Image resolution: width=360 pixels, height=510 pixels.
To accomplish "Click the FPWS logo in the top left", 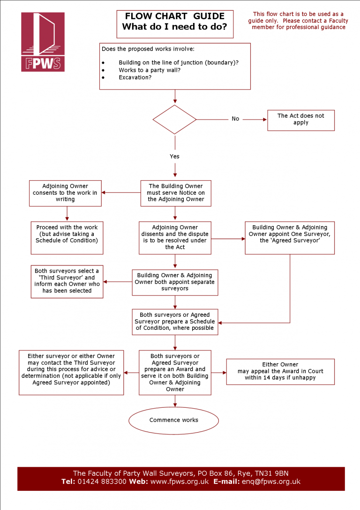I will point(43,42).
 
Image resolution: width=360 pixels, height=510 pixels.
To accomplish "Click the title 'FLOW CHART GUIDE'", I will point(174,16).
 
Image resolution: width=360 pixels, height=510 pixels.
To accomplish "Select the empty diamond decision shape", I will point(175,120).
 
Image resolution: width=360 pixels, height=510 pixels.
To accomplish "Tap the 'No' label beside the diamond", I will point(235,119).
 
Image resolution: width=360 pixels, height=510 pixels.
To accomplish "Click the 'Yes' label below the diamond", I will point(174,156).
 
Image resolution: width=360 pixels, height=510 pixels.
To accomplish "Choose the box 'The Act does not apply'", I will point(300,120).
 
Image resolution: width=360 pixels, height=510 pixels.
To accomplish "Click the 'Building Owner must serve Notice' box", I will point(176,193).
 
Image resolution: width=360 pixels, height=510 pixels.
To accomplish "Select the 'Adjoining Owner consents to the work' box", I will point(65,193).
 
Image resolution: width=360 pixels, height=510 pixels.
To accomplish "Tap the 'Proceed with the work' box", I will point(67,234).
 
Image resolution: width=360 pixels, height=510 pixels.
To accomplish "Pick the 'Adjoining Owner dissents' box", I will point(175,237).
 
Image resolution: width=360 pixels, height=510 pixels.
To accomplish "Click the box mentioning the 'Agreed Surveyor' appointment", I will point(290,234).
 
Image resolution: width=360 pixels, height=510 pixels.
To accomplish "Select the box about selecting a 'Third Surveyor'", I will point(67,281).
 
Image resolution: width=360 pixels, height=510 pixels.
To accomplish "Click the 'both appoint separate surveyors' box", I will point(175,282).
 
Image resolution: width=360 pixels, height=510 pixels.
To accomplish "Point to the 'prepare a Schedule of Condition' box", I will point(175,321).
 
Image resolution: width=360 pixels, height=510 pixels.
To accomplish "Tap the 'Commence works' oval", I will point(174,420).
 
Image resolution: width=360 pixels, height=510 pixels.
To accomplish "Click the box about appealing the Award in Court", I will point(280,371).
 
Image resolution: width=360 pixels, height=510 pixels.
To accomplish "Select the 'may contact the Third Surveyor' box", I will point(71,372).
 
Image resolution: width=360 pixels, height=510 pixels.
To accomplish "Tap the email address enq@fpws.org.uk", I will point(270,481).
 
